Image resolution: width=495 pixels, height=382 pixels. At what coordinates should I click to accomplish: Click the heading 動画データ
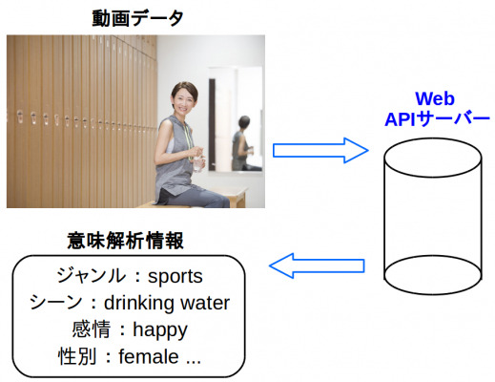click(x=137, y=18)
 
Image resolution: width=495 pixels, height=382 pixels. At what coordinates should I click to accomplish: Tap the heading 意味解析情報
click(x=125, y=241)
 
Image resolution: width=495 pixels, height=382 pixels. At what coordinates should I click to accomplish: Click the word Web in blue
click(x=435, y=98)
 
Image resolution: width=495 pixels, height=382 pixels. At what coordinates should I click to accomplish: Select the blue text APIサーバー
click(x=437, y=119)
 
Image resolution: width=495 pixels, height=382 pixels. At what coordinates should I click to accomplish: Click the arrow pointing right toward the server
click(x=320, y=151)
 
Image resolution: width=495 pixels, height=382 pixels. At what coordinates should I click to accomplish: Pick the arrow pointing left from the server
click(x=317, y=265)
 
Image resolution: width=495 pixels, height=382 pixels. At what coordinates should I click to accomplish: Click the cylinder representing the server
click(x=433, y=217)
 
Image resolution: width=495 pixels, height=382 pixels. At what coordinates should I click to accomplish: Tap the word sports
click(x=175, y=276)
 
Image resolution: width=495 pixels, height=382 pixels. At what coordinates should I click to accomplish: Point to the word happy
click(x=160, y=330)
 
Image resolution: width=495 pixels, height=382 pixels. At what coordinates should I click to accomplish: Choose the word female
click(x=149, y=356)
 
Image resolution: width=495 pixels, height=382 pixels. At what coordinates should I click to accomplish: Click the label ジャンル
click(x=91, y=276)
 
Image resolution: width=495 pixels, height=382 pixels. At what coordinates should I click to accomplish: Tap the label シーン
click(x=56, y=303)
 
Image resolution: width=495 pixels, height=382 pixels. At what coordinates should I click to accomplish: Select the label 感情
click(x=92, y=329)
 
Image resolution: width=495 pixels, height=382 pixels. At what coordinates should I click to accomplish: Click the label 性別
click(x=77, y=356)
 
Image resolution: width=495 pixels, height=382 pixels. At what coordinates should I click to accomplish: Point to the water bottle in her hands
click(x=198, y=162)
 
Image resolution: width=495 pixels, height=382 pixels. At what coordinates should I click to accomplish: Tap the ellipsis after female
click(x=194, y=362)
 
